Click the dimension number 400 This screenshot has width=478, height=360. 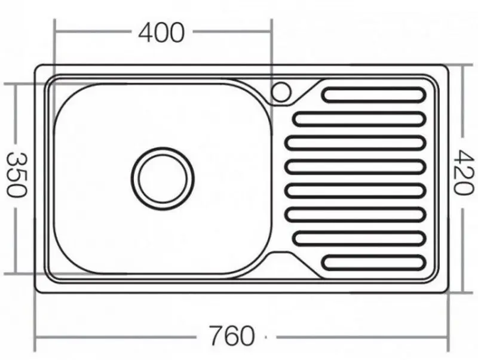tap(161, 33)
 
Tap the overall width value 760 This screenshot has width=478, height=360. tap(232, 336)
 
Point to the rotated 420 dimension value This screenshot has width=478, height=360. tap(461, 173)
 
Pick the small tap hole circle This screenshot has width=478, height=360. tap(280, 91)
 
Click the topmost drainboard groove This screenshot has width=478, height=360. tap(373, 95)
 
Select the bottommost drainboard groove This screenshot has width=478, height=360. tap(373, 261)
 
